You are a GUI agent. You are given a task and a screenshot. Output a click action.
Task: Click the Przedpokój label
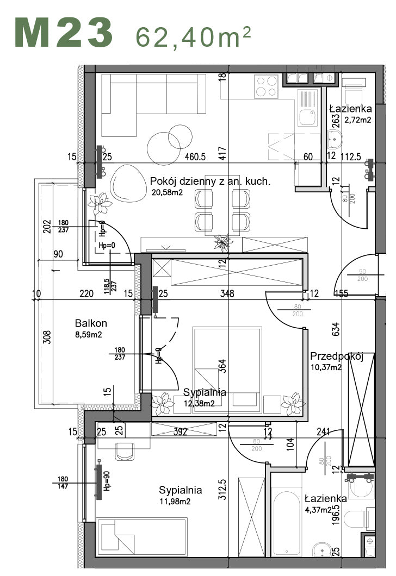[x=336, y=356]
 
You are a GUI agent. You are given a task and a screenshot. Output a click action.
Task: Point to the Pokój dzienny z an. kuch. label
[x=209, y=181]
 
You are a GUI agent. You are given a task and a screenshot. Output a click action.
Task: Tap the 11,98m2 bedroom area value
[x=175, y=502]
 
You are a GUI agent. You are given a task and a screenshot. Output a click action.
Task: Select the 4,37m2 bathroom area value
[x=318, y=510]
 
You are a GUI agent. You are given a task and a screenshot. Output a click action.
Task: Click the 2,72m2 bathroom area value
[x=357, y=120]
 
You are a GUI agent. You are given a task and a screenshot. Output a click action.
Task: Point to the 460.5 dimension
[x=195, y=157]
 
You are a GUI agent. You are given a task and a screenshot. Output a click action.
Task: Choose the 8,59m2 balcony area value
[x=89, y=335]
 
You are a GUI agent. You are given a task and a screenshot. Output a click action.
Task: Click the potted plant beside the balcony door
[x=101, y=203]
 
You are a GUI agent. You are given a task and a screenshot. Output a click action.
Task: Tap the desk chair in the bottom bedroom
[x=125, y=450]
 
